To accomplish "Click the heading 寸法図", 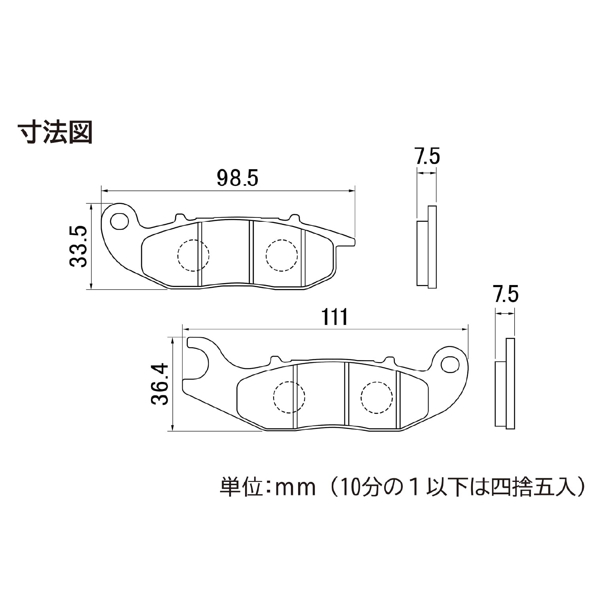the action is (55, 133).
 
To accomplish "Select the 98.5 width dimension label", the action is (238, 178).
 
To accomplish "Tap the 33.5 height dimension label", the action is (78, 246).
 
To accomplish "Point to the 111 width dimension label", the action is (335, 317).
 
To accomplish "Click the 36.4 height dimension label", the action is (160, 384).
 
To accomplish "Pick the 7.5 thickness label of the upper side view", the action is (427, 156).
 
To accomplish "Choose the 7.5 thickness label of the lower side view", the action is (506, 294).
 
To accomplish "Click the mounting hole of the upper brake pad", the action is (119, 221).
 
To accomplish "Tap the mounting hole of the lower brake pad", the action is (449, 364).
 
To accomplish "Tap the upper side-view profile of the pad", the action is (427, 247).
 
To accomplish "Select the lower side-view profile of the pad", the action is (505, 383).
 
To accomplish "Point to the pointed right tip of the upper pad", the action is (355, 242).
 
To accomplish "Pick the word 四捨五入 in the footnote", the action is (533, 487).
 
